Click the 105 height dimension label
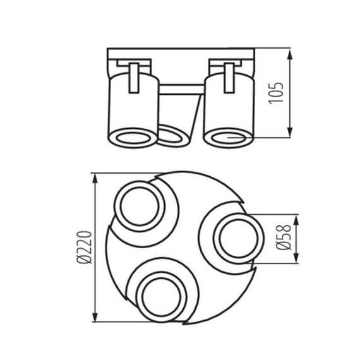tap(273, 93)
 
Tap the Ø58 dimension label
tap(284, 236)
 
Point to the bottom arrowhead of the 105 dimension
tap(289, 134)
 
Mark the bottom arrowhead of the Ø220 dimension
tap(95, 319)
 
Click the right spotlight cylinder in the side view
tap(228, 104)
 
